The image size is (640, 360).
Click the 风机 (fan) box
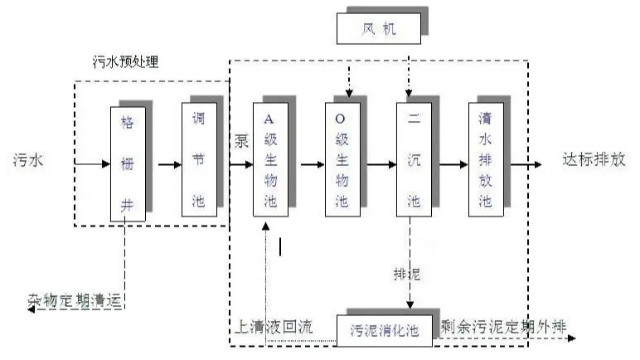click(377, 30)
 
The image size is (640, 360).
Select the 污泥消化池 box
click(384, 328)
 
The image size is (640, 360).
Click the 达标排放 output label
click(593, 159)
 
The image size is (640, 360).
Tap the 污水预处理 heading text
click(125, 62)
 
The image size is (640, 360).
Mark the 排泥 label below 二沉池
click(406, 272)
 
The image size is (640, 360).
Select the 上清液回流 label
click(272, 327)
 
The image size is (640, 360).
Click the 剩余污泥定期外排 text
click(503, 325)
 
